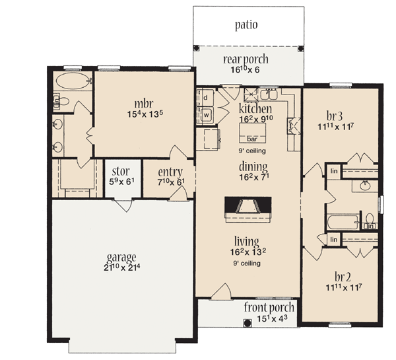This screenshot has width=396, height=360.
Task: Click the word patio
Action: click(x=246, y=25)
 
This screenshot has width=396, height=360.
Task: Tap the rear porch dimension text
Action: click(x=245, y=69)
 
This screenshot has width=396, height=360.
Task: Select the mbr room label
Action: click(x=144, y=104)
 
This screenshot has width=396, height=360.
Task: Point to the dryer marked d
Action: click(x=205, y=97)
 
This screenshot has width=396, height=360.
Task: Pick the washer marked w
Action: click(x=206, y=115)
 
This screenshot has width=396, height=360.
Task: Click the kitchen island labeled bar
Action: click(x=252, y=133)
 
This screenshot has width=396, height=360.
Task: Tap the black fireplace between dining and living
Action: click(x=248, y=205)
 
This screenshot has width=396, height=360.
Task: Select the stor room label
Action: click(x=121, y=171)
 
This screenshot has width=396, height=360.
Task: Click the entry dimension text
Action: click(x=171, y=182)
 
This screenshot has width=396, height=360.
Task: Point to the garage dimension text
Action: click(x=121, y=268)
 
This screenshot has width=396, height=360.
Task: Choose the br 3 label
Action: click(x=335, y=116)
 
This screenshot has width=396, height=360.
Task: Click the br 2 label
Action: click(x=343, y=277)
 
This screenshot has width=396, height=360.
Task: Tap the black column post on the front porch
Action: click(x=247, y=323)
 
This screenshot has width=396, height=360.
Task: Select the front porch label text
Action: click(x=269, y=307)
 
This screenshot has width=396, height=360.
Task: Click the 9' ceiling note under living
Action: click(x=247, y=264)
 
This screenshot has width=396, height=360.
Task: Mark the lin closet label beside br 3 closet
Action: click(x=334, y=171)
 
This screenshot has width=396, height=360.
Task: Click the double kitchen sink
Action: click(x=269, y=94)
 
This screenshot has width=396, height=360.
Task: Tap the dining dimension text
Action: click(x=254, y=177)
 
